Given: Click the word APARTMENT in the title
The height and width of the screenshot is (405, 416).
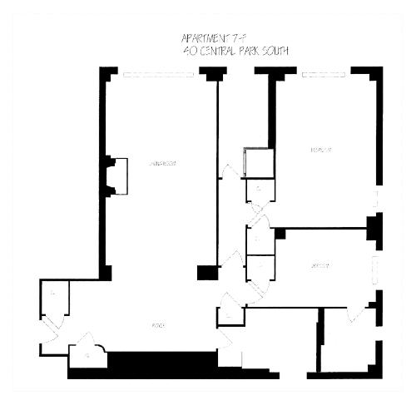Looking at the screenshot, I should click(202, 38).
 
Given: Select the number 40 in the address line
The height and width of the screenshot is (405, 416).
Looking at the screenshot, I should click(187, 50).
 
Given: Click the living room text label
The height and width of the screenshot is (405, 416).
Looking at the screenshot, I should click(161, 163).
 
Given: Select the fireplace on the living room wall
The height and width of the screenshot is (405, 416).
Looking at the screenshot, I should click(116, 176).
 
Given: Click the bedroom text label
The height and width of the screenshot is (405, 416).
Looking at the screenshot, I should click(321, 151).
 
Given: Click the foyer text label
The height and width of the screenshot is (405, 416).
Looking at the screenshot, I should click(156, 324).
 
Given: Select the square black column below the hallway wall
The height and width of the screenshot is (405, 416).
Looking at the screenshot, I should click(206, 272).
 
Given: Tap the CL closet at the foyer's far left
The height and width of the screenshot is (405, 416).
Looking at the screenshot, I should click(52, 295).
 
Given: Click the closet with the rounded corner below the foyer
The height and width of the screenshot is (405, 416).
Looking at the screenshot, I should click(87, 356).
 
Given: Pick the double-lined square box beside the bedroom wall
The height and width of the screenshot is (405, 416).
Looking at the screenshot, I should click(257, 163).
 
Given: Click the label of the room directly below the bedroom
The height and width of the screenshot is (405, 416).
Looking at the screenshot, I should click(319, 266).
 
